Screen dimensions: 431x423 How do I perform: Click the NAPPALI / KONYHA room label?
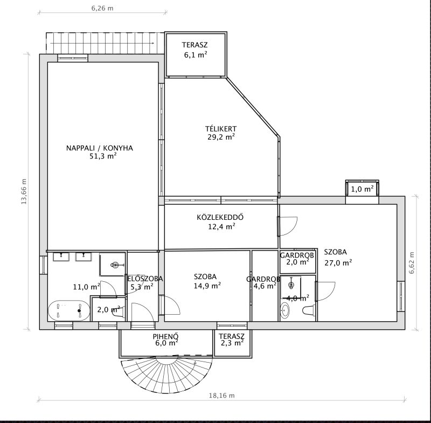(100, 148)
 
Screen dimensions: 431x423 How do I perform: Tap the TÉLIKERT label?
(221, 129)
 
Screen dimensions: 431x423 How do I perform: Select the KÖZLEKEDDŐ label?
(220, 217)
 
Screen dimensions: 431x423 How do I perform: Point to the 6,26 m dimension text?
(102, 8)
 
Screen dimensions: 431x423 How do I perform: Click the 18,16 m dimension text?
(222, 396)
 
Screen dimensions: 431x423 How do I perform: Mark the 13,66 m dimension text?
(24, 192)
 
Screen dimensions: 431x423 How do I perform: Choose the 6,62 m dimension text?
(411, 263)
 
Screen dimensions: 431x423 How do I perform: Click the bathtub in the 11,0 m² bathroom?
(69, 310)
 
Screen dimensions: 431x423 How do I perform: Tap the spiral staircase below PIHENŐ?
(167, 375)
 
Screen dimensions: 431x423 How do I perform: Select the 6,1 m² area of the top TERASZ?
(196, 55)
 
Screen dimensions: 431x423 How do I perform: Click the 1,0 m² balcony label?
(362, 189)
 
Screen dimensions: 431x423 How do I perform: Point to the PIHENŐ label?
(166, 336)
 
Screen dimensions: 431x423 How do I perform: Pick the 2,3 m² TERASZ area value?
(232, 343)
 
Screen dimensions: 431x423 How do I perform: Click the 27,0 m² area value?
(338, 263)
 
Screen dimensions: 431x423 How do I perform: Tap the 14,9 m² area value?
(207, 286)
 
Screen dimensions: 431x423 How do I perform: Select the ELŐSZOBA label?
(145, 279)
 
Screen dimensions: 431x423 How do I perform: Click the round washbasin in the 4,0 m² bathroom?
(284, 310)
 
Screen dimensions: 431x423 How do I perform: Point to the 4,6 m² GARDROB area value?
(265, 286)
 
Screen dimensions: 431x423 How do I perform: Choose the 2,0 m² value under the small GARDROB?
(297, 262)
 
